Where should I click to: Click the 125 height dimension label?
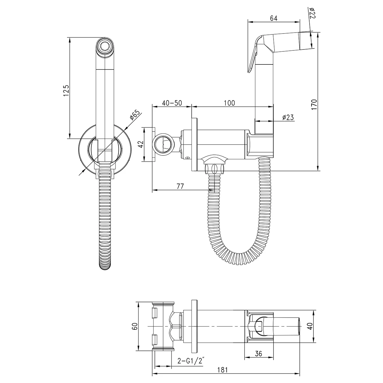coord(66,91)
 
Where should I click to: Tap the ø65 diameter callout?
coord(135,115)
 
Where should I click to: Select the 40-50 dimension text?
coord(172,103)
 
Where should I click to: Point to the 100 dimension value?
coord(229,103)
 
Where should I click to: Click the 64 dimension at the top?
coord(274,18)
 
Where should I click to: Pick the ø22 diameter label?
coord(312,13)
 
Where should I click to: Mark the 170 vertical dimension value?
coord(314,105)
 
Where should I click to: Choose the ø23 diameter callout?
coord(288,117)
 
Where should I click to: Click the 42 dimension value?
coord(141,144)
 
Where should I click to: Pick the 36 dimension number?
coord(259,354)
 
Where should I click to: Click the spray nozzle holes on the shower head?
coord(105,46)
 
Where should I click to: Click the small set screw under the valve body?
coord(187,158)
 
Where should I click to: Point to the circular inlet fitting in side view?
coord(164,145)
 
